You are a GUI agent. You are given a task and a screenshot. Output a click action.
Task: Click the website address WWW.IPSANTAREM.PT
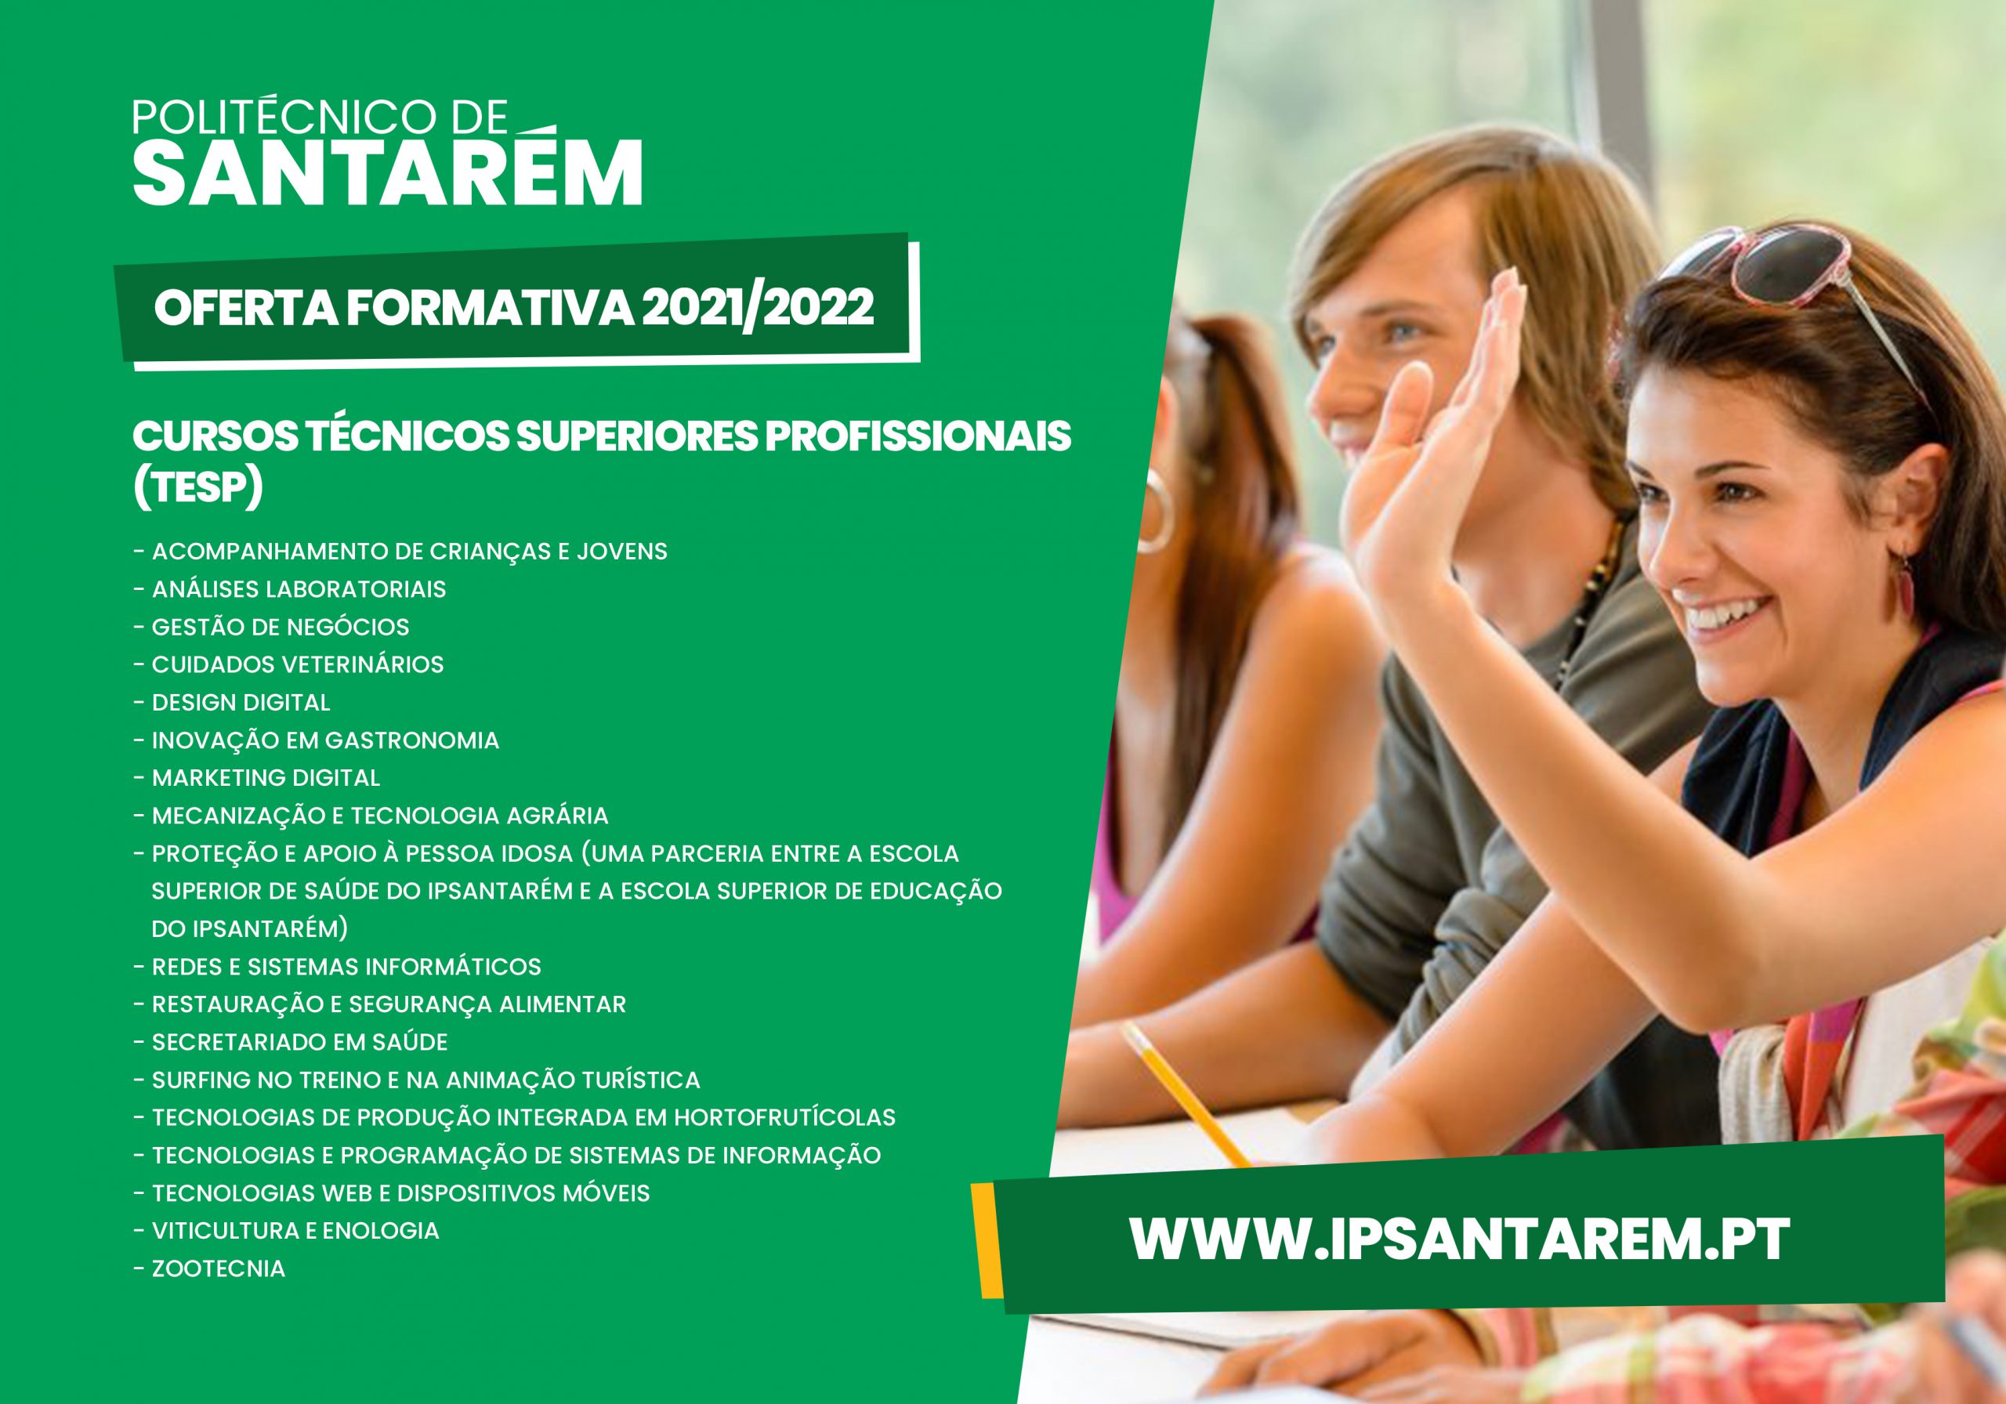click(1460, 1237)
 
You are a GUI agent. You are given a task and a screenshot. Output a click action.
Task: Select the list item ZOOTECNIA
click(219, 1268)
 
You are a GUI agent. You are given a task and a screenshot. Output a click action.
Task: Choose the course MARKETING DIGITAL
click(266, 777)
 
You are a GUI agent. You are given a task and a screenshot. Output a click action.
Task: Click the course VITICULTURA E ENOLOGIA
click(295, 1231)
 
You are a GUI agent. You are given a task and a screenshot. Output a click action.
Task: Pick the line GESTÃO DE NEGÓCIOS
click(281, 628)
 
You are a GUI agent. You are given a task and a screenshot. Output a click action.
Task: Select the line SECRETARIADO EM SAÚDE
click(299, 1042)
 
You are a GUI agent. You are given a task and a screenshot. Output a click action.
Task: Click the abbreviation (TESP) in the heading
click(197, 487)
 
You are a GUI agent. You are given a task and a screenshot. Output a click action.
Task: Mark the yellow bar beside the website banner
click(988, 1239)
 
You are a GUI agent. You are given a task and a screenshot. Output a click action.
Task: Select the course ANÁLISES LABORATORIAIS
click(299, 590)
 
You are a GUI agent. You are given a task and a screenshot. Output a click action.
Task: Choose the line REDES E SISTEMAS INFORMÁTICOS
click(346, 967)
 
